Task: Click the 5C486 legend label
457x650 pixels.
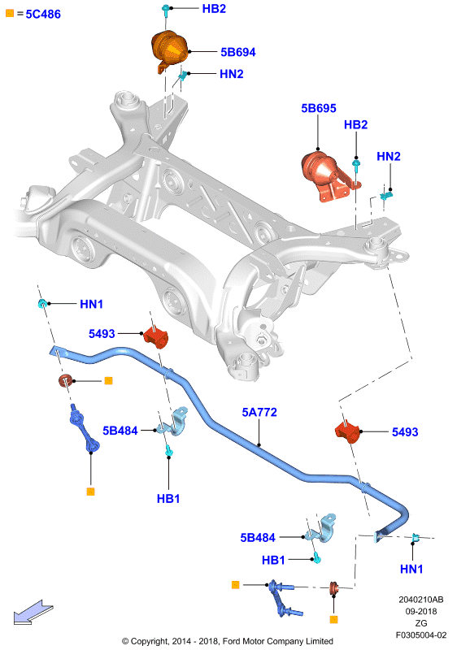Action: (x=43, y=14)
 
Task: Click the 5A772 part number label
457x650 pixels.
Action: (x=259, y=412)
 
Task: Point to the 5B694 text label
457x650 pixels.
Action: (x=238, y=52)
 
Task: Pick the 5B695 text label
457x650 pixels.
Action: (x=319, y=108)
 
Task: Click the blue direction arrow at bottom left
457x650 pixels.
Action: (x=33, y=612)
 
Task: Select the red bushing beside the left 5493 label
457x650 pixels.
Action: (x=156, y=336)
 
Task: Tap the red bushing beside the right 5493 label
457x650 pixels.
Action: (x=346, y=431)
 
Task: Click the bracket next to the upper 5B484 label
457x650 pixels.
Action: (x=174, y=422)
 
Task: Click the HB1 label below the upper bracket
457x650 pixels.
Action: (x=168, y=498)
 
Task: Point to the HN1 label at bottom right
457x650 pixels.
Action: (x=411, y=569)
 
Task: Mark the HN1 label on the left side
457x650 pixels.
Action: (x=91, y=304)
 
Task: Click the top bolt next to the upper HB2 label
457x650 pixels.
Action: (x=166, y=10)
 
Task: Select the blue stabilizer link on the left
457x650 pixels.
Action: (x=85, y=428)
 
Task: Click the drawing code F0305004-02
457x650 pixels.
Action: (x=421, y=635)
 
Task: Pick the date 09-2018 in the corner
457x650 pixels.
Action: (x=421, y=611)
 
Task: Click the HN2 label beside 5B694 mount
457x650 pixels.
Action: (x=232, y=74)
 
